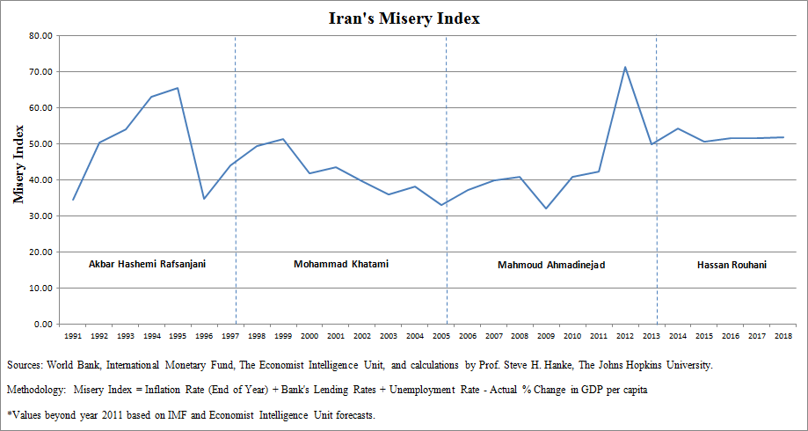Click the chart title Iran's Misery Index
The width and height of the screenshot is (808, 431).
pos(404,18)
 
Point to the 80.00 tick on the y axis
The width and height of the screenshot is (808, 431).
pos(41,36)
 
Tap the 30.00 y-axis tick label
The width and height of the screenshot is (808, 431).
pos(41,216)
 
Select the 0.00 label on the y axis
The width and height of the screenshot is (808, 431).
pos(44,325)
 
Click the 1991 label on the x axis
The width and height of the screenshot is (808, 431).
pos(73,336)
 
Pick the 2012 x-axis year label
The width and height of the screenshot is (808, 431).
pos(625,336)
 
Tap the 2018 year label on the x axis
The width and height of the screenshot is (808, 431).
pos(783,336)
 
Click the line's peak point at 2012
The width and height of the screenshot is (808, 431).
pos(625,67)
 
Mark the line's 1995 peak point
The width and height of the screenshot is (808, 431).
pos(178,88)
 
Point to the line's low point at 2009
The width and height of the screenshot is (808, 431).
pos(546,208)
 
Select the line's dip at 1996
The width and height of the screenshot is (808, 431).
pos(204,199)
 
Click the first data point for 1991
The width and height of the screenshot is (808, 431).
pos(73,200)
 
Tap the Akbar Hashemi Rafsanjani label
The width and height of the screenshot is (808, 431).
pos(148,264)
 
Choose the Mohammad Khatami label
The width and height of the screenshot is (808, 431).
pos(341,264)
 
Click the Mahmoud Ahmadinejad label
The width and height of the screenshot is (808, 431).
pos(551,264)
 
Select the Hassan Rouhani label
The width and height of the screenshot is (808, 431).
pos(731,264)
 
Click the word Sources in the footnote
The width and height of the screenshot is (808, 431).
pos(26,364)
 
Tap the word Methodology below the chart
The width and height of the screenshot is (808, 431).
pos(35,388)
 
